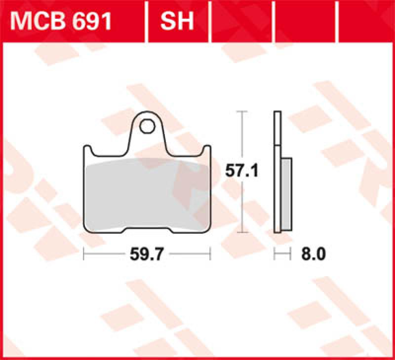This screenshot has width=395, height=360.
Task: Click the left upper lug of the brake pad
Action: [87, 149]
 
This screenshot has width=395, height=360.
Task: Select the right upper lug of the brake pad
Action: [207, 149]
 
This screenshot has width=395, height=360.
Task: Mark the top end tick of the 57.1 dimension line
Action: [241, 112]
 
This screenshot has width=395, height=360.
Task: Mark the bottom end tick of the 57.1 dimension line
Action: [241, 232]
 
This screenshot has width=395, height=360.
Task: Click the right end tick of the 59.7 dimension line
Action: [210, 254]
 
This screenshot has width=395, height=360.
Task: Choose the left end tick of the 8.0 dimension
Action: [275, 254]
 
